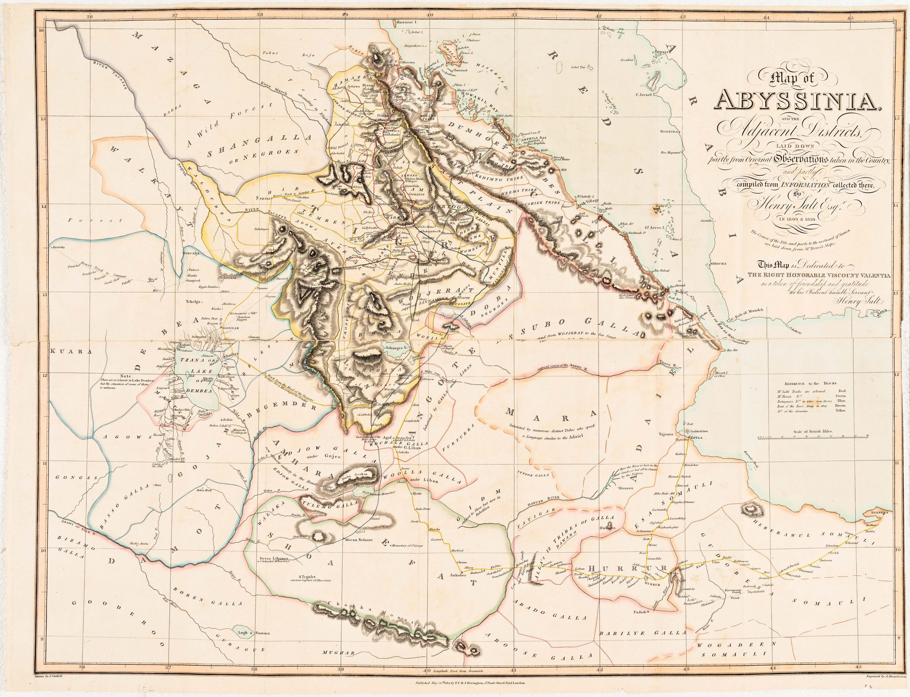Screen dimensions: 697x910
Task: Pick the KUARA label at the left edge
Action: click(x=64, y=350)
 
